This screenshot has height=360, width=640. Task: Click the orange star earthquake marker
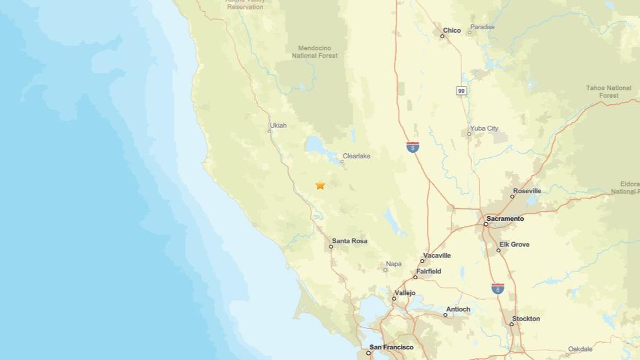point(320,185)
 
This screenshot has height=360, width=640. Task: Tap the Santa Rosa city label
point(349,241)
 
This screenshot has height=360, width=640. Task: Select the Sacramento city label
point(505,218)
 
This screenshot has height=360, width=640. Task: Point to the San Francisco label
point(391,347)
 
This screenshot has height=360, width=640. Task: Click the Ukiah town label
point(278,125)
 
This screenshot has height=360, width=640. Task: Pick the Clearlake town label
point(356,156)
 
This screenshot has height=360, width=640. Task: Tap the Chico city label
point(451,30)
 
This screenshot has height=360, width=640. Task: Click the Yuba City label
point(483,128)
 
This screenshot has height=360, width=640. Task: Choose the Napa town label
point(394,264)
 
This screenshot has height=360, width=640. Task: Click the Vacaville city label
point(437,256)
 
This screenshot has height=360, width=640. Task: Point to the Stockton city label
point(526,318)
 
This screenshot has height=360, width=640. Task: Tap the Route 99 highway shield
point(461,90)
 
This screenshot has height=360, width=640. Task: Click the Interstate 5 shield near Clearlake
point(413,148)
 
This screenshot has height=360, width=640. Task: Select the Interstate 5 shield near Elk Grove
point(497,289)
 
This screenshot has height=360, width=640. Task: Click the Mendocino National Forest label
point(314,52)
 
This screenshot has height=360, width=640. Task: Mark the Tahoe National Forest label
point(609,92)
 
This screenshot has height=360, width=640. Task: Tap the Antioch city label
point(458,309)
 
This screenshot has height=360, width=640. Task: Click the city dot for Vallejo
point(394,298)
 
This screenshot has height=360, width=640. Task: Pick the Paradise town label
point(482,27)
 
